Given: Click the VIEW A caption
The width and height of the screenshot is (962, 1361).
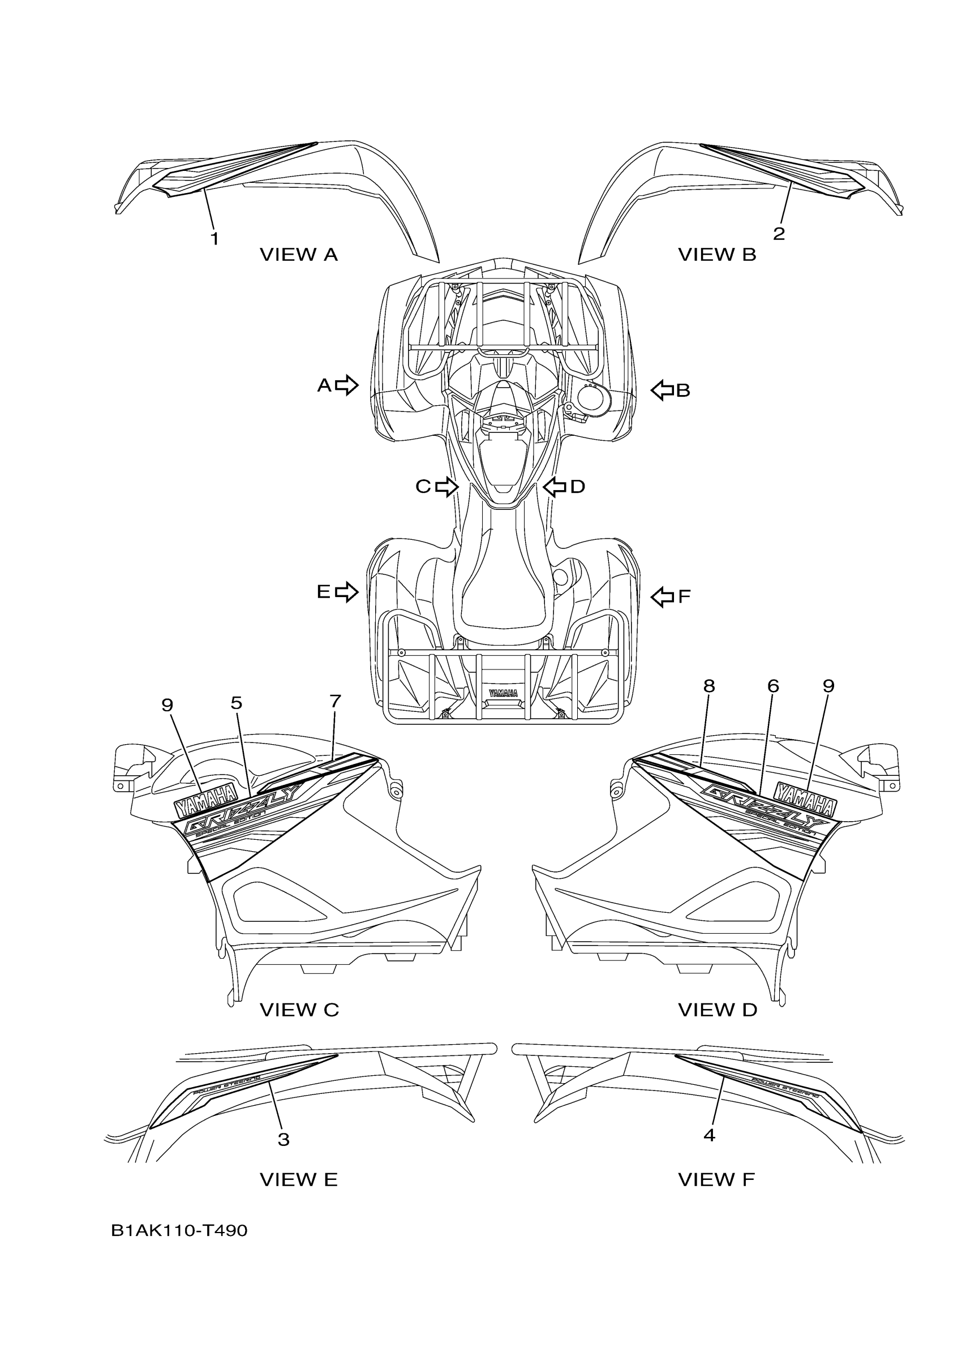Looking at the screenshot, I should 299,255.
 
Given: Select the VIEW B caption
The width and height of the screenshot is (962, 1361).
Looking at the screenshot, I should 717,255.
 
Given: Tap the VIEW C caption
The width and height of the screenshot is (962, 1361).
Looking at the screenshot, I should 299,1010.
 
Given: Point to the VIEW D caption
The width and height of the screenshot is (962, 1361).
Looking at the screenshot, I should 718,1010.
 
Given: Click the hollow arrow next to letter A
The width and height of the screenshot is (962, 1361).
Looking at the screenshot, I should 347,385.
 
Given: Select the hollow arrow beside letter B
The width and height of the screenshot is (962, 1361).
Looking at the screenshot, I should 663,390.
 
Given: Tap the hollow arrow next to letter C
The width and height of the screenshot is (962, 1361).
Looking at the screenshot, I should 447,487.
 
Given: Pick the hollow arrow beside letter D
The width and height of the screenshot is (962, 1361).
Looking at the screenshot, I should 555,487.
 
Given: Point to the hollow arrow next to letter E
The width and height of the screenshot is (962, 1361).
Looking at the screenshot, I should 347,591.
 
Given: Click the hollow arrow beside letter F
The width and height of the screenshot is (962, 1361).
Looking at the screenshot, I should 663,596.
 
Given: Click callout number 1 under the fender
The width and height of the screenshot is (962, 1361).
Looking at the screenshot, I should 214,239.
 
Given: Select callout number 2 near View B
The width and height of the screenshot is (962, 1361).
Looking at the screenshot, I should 779,234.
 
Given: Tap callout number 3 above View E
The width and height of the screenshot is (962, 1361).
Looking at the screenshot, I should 284,1139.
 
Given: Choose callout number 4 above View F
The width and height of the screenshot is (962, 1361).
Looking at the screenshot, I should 709,1135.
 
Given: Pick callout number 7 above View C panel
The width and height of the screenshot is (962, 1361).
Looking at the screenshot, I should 335,701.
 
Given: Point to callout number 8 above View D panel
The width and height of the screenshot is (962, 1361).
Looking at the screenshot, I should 709,686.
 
